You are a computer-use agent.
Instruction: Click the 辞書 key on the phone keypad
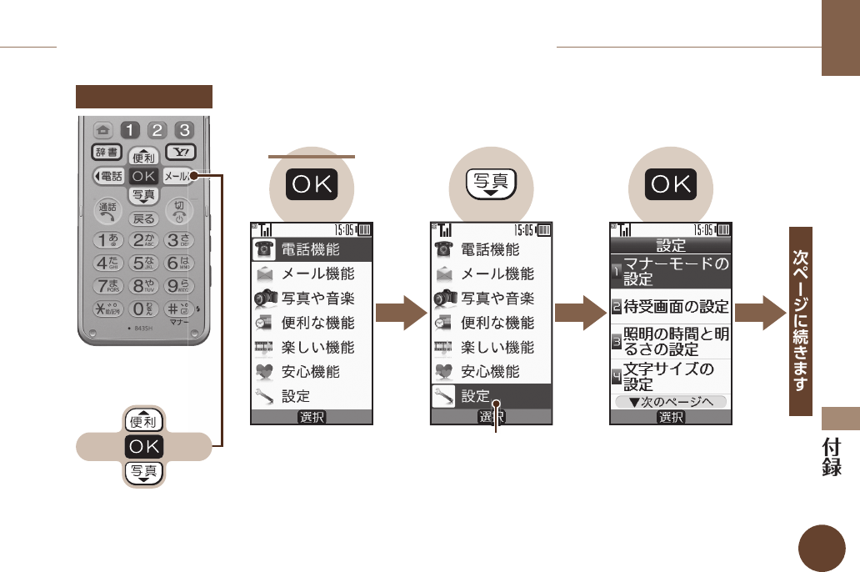pyautogui.click(x=107, y=152)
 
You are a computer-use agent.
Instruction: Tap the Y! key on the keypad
pyautogui.click(x=180, y=152)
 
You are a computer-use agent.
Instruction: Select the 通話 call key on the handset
pyautogui.click(x=107, y=209)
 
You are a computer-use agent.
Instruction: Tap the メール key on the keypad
pyautogui.click(x=178, y=176)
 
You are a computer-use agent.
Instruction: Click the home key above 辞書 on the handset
pyautogui.click(x=104, y=129)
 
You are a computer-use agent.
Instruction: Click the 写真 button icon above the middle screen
pyautogui.click(x=491, y=185)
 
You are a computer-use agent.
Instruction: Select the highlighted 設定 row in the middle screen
pyautogui.click(x=491, y=396)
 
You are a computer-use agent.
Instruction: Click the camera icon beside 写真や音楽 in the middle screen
pyautogui.click(x=445, y=299)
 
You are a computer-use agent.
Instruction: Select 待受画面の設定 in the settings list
pyautogui.click(x=671, y=306)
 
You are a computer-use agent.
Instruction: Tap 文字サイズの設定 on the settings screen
pyautogui.click(x=671, y=377)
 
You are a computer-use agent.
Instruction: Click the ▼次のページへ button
pyautogui.click(x=671, y=402)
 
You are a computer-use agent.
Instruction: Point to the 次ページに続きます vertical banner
pyautogui.click(x=801, y=321)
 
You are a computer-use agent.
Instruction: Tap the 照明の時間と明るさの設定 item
pyautogui.click(x=671, y=342)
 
